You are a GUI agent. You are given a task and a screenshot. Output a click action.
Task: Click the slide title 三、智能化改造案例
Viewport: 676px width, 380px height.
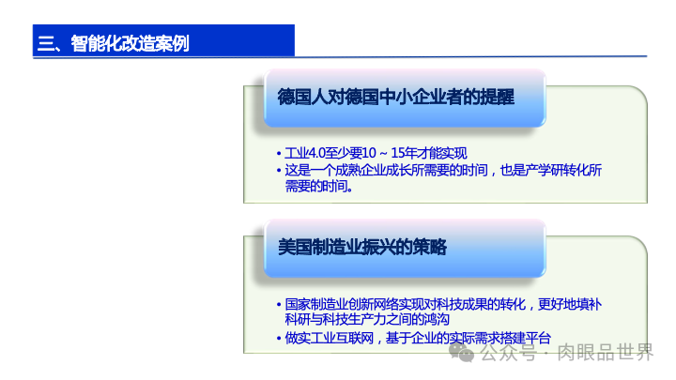point(113,42)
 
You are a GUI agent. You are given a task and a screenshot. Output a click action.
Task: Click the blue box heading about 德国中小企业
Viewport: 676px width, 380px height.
point(395,96)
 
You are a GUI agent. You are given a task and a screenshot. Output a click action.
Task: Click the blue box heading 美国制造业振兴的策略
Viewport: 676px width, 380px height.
point(361,247)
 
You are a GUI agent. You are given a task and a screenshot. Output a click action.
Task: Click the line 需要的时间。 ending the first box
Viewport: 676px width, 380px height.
point(319,186)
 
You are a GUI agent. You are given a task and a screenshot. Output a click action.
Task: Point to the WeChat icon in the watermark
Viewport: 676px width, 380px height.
point(460,353)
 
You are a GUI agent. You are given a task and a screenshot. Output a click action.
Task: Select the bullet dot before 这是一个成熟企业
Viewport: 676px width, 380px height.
point(279,171)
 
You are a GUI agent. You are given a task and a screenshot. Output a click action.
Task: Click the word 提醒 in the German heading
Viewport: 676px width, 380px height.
point(495,96)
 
